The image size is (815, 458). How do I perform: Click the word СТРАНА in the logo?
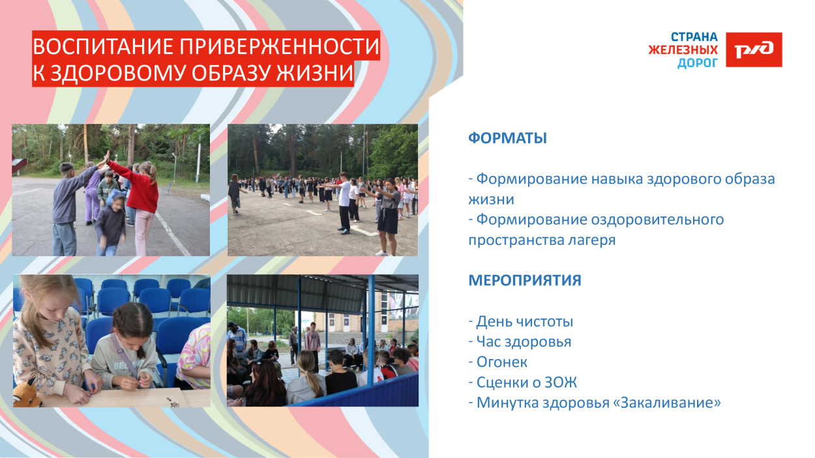(x=694, y=37)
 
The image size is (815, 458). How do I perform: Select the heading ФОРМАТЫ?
(x=507, y=138)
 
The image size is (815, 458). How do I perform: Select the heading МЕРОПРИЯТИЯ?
(x=524, y=280)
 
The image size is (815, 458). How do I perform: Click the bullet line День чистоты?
(x=521, y=321)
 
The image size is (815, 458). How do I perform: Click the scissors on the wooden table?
(x=173, y=403)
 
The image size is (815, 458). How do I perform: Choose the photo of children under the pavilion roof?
(x=322, y=340)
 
